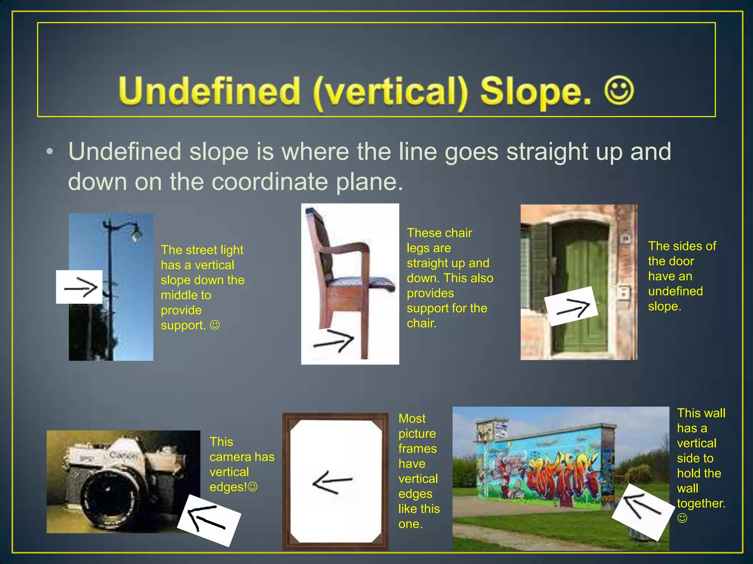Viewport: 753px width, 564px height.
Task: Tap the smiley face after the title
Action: (619, 90)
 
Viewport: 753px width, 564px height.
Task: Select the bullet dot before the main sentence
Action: (50, 152)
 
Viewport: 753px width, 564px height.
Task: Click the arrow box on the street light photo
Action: (79, 287)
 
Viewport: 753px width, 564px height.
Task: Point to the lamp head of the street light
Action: (136, 233)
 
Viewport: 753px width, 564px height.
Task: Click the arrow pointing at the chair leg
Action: (333, 341)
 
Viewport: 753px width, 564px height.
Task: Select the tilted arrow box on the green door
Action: (571, 306)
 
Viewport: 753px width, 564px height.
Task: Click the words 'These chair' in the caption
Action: (439, 233)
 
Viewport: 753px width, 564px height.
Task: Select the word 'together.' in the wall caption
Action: (701, 503)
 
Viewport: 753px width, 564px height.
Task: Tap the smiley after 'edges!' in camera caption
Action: (253, 487)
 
